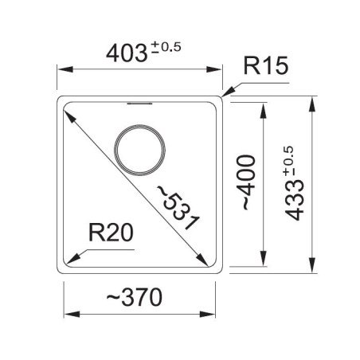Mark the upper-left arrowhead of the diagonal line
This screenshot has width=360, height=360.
(x=68, y=111)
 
